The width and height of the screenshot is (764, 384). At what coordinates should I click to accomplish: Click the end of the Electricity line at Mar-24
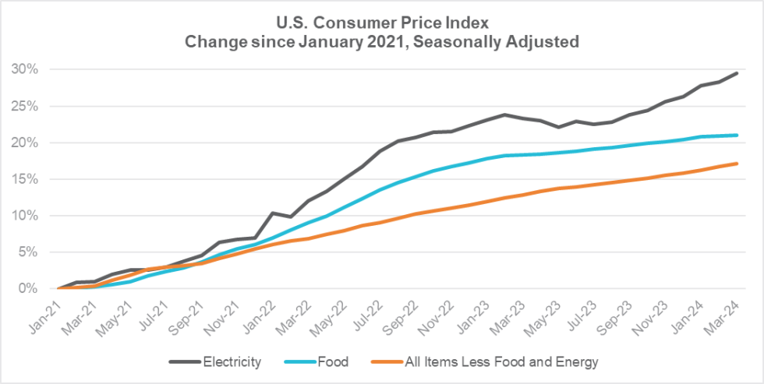[x=737, y=73]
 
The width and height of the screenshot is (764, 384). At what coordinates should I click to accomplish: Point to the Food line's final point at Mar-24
[x=737, y=135]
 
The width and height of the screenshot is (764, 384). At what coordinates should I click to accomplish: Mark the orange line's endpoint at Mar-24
[x=737, y=164]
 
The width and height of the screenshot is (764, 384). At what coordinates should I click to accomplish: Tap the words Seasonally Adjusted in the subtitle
[x=506, y=41]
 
